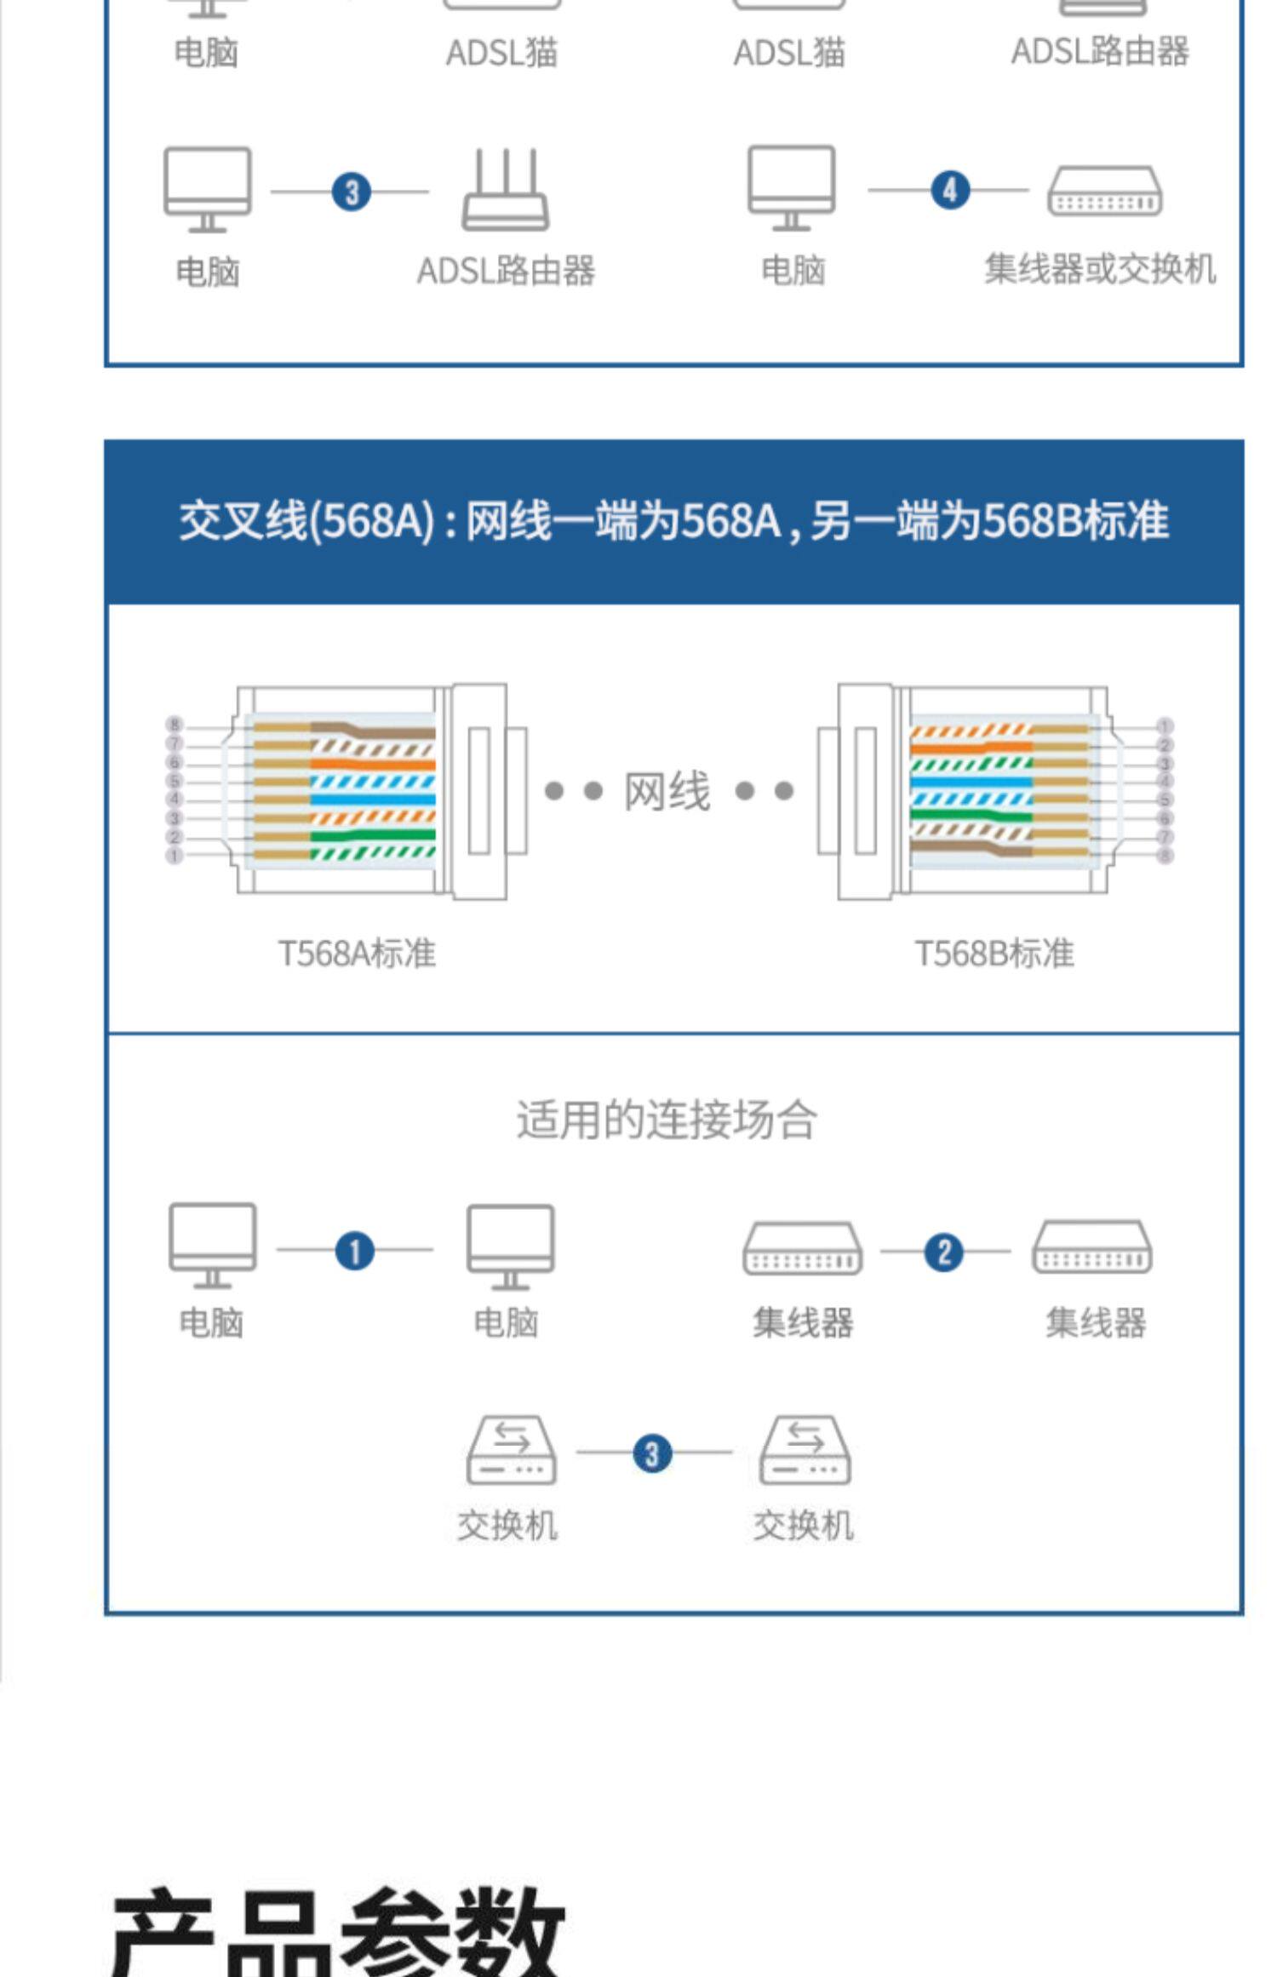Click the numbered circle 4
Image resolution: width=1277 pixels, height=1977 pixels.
tap(950, 190)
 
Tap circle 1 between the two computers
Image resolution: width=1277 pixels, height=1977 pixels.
tap(355, 1252)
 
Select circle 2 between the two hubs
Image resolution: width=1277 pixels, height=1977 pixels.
tap(943, 1252)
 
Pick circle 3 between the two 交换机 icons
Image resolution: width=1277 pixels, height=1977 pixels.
tap(652, 1453)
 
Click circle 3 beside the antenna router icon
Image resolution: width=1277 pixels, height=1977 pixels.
tap(352, 192)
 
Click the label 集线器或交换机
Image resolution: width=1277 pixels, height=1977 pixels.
tap(1100, 269)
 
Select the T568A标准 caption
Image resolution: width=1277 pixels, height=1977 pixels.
tap(357, 954)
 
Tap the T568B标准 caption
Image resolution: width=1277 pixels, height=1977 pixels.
tap(994, 954)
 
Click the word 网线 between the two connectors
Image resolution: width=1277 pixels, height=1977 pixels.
tap(667, 792)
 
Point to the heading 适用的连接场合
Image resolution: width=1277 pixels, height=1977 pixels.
tap(667, 1120)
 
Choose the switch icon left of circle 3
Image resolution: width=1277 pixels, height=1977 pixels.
tap(511, 1451)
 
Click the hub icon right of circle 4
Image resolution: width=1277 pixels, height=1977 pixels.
tap(1104, 191)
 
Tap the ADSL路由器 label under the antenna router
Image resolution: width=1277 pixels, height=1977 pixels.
tap(506, 271)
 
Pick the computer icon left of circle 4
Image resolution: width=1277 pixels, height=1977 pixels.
tap(791, 187)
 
